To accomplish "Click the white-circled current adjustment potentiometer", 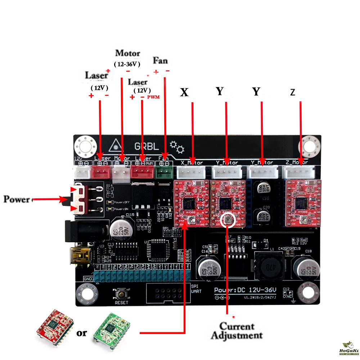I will coord(228,220).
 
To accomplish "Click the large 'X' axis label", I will coord(184,93).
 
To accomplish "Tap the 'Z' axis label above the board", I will coord(293,93).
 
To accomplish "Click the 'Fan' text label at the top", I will coord(160,60).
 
